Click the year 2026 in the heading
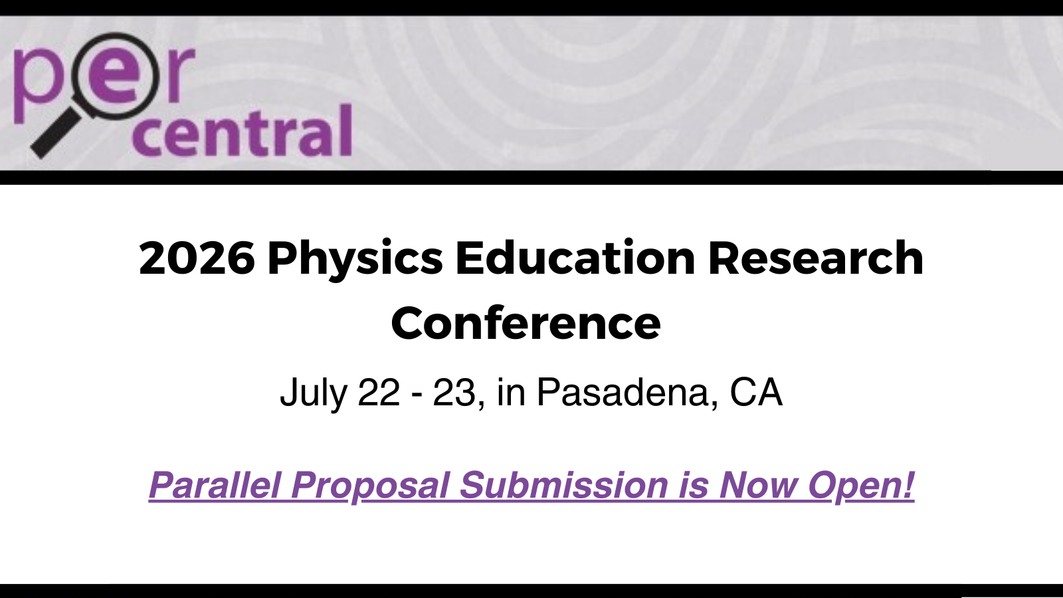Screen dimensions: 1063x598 (197, 258)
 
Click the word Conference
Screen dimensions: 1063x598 (526, 323)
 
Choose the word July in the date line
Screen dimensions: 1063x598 (314, 393)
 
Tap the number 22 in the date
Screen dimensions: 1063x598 (379, 392)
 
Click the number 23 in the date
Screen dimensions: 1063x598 (454, 392)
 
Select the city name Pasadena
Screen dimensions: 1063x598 (623, 392)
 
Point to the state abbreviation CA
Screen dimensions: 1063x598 (756, 392)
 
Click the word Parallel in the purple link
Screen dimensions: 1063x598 (215, 484)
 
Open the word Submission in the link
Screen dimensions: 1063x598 (563, 484)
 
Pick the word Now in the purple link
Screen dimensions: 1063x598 (758, 484)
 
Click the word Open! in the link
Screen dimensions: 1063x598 (861, 486)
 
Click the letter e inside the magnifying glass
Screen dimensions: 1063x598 (116, 76)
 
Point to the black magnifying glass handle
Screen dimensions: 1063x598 (56, 133)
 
